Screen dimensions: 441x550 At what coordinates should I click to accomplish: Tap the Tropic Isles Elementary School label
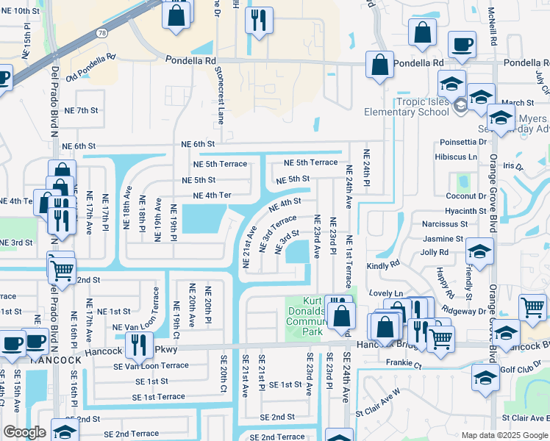[407, 107]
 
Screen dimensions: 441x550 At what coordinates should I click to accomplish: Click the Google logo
[24, 432]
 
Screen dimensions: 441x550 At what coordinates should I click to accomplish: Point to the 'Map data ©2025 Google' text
[504, 435]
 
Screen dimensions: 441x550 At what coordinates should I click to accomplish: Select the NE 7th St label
[81, 110]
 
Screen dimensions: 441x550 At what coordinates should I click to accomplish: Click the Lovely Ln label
[388, 293]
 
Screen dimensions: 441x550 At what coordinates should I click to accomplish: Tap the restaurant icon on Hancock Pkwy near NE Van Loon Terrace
[138, 343]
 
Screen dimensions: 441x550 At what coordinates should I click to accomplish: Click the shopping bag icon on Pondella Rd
[379, 64]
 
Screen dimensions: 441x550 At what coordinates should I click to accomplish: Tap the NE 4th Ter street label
[212, 195]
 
